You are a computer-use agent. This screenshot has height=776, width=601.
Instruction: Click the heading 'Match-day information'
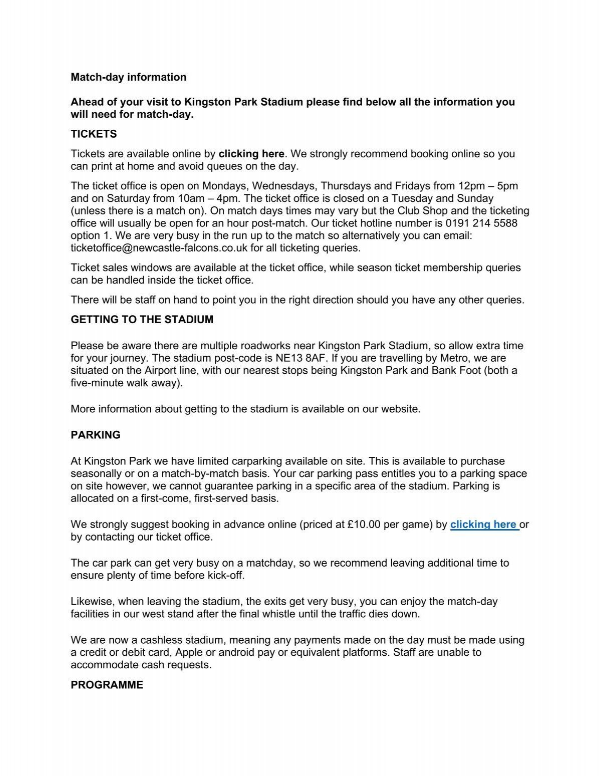(x=128, y=77)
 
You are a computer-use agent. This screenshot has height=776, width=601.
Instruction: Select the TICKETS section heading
(x=94, y=134)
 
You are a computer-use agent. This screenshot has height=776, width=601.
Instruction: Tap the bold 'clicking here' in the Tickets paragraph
(x=251, y=154)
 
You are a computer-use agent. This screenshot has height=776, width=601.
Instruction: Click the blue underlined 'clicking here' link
(x=484, y=525)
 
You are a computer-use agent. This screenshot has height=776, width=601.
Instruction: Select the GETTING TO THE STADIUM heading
(x=142, y=320)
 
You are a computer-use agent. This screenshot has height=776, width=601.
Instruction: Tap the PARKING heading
(x=96, y=435)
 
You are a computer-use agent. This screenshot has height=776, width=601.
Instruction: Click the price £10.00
(x=364, y=525)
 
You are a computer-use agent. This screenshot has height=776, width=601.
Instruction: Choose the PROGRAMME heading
(x=107, y=685)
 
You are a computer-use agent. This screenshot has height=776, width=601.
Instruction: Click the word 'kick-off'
(x=225, y=575)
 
